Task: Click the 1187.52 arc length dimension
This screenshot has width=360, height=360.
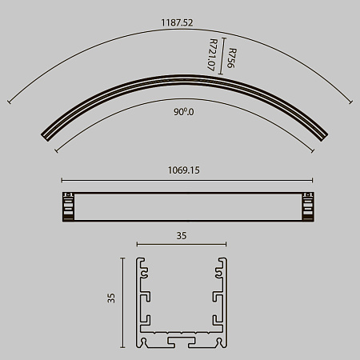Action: tap(177, 22)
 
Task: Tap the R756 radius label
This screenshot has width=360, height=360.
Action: tap(231, 58)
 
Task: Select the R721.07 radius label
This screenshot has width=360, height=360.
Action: tap(212, 54)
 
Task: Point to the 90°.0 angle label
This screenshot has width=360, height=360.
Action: tap(184, 112)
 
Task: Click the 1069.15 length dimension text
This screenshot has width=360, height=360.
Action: tap(183, 170)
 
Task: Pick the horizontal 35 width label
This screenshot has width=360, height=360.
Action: tap(182, 236)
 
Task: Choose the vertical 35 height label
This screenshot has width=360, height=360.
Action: tap(111, 298)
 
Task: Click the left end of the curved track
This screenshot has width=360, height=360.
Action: tap(46, 137)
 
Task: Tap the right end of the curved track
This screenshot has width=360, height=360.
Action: tap(323, 136)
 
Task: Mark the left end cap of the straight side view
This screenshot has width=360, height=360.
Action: tap(69, 206)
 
